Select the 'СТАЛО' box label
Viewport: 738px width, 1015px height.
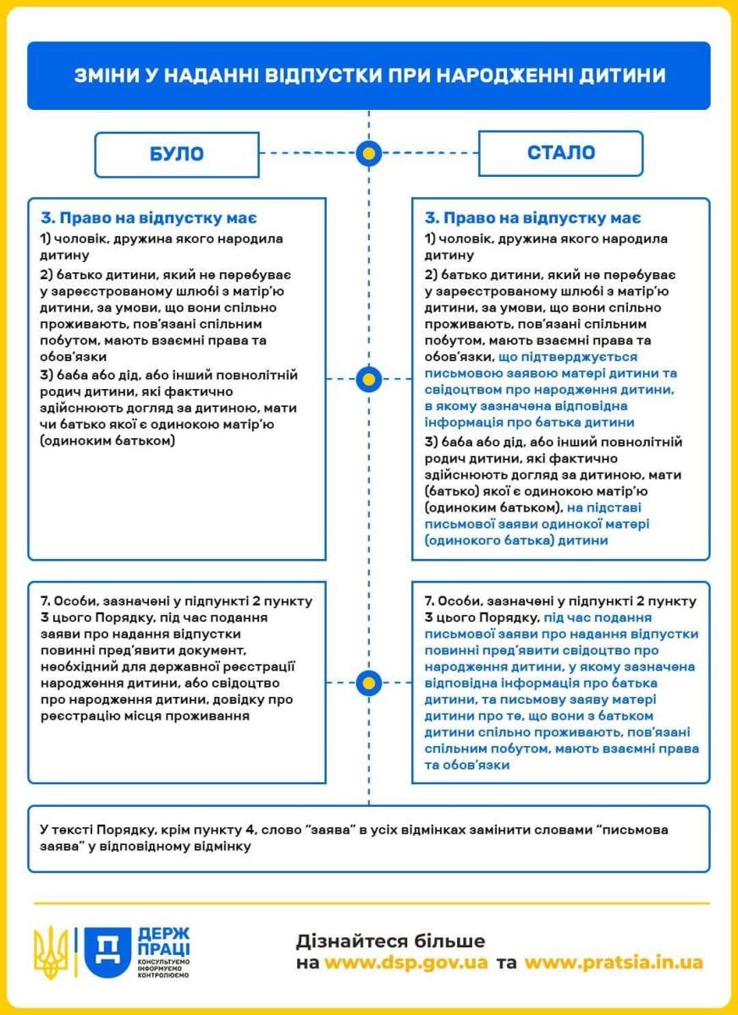coord(560,153)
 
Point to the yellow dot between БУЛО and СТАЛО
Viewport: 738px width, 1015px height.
coord(368,153)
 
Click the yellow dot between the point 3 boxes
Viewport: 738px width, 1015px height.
coord(368,378)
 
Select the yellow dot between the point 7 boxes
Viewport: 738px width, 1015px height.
coord(368,682)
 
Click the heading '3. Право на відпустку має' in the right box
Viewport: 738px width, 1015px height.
coord(532,218)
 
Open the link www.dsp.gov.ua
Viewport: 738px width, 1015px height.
coord(406,963)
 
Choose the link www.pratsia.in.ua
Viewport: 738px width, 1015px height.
coord(614,963)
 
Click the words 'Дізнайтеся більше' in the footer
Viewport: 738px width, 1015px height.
coord(390,941)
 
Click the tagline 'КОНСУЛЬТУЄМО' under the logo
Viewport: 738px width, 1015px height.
coord(163,963)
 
